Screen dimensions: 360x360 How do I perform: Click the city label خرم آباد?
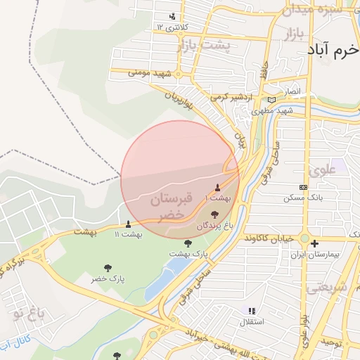point(333,51)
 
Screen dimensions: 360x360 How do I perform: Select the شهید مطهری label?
point(275,111)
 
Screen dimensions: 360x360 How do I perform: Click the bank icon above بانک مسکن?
point(303,187)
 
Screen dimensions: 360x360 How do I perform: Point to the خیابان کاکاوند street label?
point(269,239)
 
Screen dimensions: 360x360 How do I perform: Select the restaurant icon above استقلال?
point(252,310)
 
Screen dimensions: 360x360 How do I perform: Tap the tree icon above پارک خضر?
point(108,267)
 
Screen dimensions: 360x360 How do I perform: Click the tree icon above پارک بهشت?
point(187,242)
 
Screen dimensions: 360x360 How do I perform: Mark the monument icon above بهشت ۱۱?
point(128,224)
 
